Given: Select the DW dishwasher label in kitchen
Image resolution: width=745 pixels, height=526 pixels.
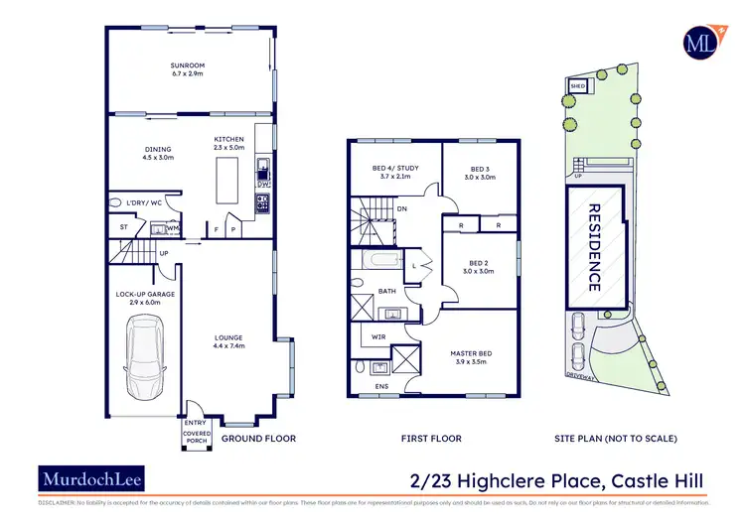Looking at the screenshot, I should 263,184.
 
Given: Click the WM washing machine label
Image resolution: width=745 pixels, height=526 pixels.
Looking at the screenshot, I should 172,228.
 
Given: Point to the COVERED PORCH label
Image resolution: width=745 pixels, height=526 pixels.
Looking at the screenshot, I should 197,436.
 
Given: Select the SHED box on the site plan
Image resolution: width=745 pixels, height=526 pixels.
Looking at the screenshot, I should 576,86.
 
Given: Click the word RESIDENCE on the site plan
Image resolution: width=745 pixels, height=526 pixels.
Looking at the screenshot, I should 594,247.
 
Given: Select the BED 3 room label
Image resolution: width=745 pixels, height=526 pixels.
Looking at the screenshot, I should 480,169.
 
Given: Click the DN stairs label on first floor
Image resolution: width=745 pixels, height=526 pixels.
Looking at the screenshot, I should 401,209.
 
